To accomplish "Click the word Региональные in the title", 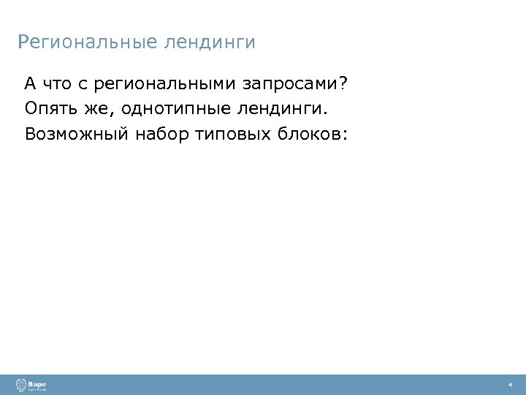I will (86, 42).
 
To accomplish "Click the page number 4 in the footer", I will (509, 385).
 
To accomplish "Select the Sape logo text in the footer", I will (37, 383).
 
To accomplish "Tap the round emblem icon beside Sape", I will (20, 385).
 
